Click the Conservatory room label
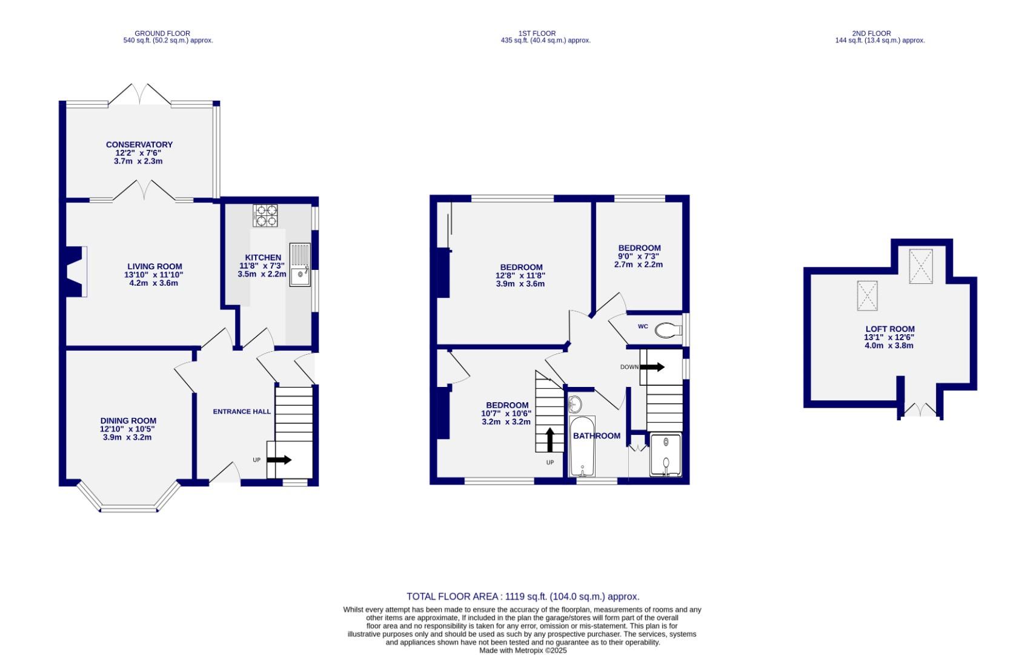point(139,144)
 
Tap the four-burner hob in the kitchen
point(265,215)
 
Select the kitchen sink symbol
point(300,265)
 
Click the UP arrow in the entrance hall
point(279,460)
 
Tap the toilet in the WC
point(666,330)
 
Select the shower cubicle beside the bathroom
point(666,454)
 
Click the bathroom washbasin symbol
point(575,403)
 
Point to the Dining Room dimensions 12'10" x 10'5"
point(128,429)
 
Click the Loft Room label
point(889,329)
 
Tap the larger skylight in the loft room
point(920,266)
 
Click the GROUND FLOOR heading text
point(162,34)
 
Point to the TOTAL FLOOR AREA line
point(522,597)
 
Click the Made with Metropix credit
point(522,650)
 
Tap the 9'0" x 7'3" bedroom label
point(639,248)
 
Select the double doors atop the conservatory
point(140,93)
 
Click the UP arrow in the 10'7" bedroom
point(550,440)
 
